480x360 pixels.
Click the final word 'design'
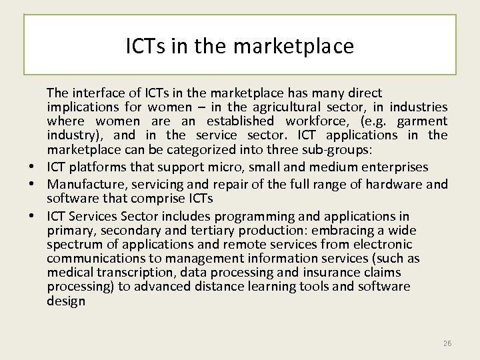coord(66,301)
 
